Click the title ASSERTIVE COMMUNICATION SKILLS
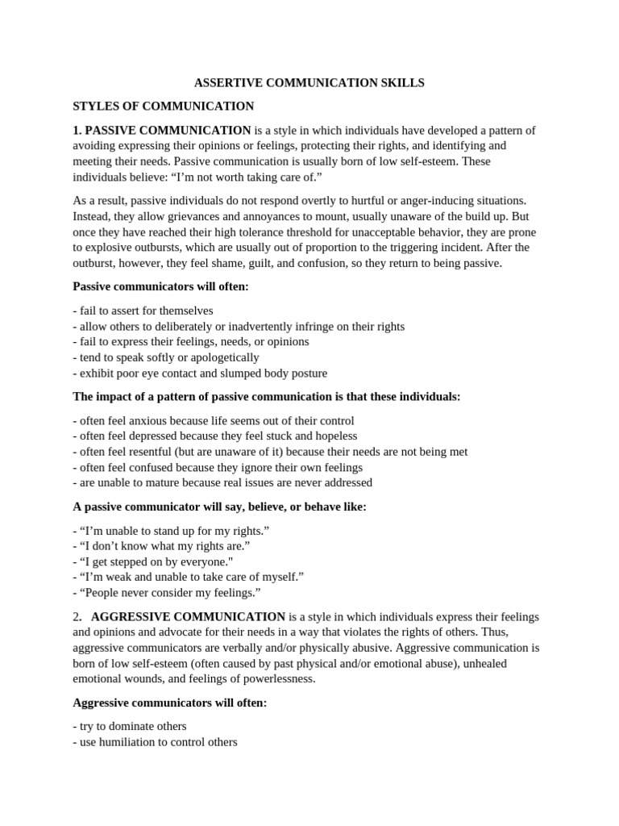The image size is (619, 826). (x=309, y=83)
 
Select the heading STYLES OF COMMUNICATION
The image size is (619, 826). (x=163, y=106)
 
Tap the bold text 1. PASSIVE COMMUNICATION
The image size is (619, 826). (x=162, y=131)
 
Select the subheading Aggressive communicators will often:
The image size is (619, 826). (x=169, y=703)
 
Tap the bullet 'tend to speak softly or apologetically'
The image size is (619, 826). (x=165, y=357)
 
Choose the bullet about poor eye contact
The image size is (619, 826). (x=199, y=373)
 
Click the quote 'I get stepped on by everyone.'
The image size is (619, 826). (x=164, y=561)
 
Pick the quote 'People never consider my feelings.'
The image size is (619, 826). (x=167, y=593)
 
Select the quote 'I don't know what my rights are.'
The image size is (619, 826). (x=161, y=546)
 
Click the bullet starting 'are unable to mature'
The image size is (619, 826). (x=222, y=483)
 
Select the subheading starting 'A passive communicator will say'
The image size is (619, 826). (x=219, y=507)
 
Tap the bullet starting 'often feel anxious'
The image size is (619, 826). (x=213, y=421)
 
